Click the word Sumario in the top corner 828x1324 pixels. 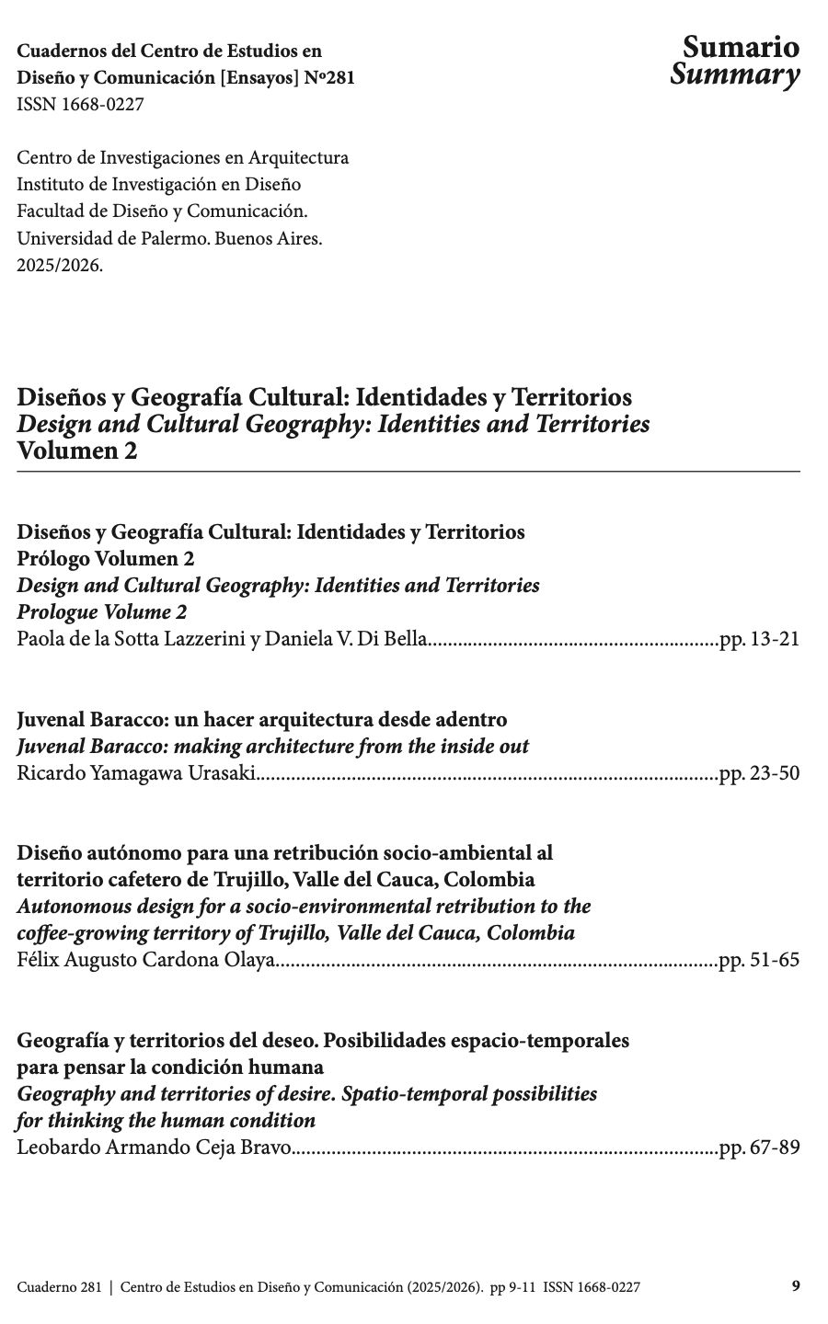(x=741, y=48)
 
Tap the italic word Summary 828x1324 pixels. (x=734, y=75)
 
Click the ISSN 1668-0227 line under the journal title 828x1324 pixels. (x=80, y=105)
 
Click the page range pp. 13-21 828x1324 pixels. (x=759, y=639)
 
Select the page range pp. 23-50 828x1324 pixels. (x=759, y=773)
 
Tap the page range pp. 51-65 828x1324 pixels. (x=759, y=961)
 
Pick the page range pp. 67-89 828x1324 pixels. (x=759, y=1148)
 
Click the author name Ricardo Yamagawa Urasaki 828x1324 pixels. (x=136, y=773)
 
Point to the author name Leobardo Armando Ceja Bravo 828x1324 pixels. (x=154, y=1148)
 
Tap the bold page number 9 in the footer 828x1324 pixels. (x=796, y=1287)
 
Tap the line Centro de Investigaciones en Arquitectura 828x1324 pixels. (x=183, y=158)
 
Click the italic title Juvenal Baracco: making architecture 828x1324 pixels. (x=272, y=747)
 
